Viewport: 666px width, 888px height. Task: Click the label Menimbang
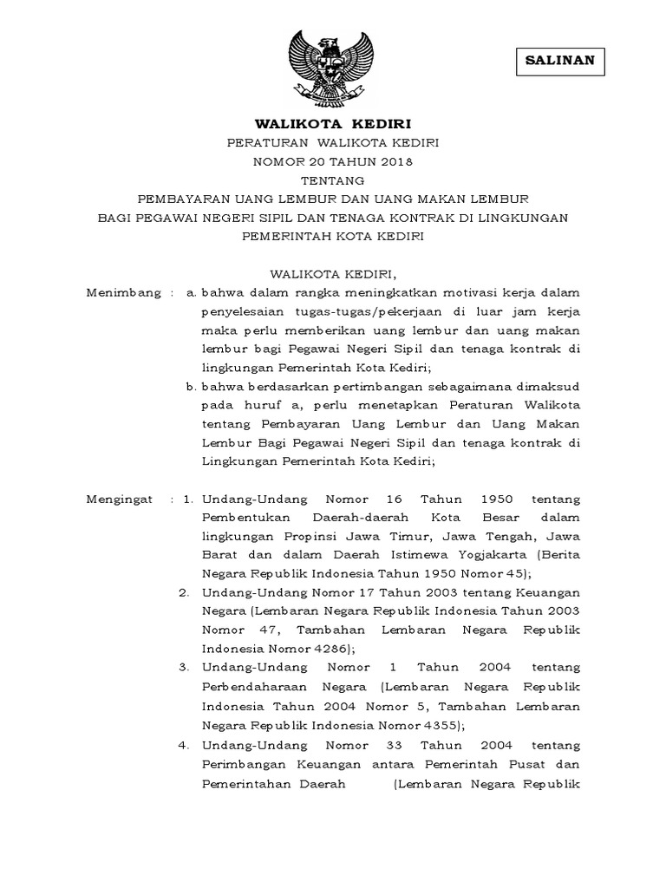click(124, 293)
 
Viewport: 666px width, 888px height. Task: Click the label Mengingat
click(121, 499)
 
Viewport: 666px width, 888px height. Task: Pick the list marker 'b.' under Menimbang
click(191, 386)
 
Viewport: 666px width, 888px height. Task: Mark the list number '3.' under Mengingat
click(185, 667)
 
